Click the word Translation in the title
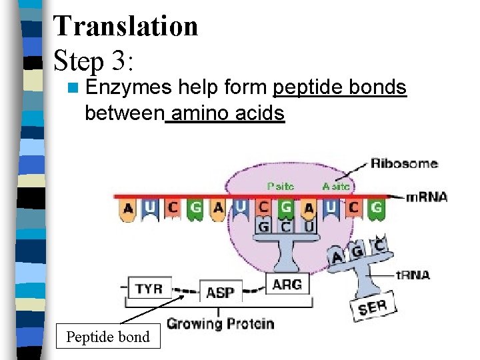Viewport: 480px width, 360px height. tap(126, 26)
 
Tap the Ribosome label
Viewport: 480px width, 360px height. tap(404, 163)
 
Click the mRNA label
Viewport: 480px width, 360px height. tap(427, 197)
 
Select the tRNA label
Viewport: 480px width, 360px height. tap(413, 274)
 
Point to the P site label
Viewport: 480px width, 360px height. tap(280, 187)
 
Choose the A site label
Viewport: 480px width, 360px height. tap(335, 187)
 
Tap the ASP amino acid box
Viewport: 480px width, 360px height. tap(219, 292)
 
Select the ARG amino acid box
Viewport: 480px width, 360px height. tap(287, 284)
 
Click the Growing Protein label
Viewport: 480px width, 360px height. tap(220, 324)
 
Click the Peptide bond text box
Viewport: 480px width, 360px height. tap(108, 337)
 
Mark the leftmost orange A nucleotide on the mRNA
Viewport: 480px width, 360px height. tap(128, 209)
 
